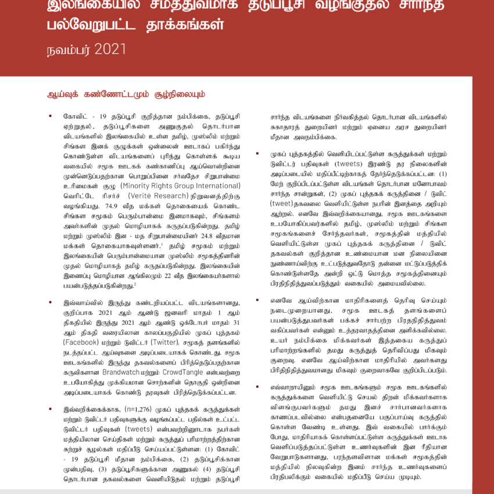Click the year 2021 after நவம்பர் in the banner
tap(109, 49)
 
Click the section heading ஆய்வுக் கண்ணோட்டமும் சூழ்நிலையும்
tap(126, 94)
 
